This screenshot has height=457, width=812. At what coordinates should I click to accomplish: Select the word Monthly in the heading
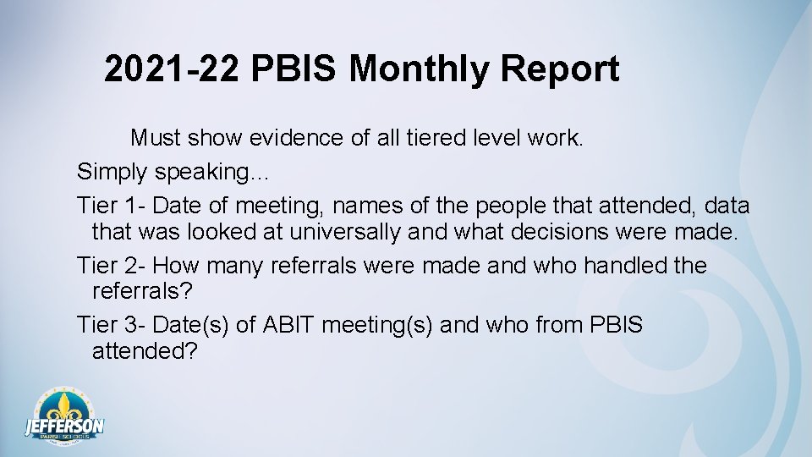point(420,69)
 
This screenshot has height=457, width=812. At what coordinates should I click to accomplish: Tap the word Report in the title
point(559,69)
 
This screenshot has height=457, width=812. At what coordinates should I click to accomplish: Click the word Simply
point(112,173)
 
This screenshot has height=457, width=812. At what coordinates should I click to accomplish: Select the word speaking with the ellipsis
point(210,173)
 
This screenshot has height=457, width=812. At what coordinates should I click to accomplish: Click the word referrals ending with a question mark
point(142,291)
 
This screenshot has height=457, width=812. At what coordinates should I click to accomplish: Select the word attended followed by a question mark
point(144,350)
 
